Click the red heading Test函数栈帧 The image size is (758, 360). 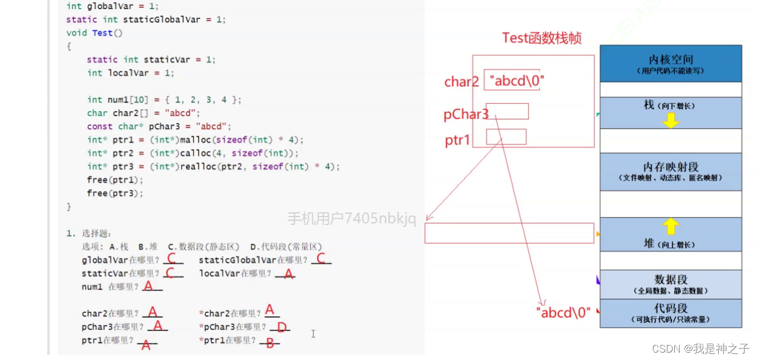541,38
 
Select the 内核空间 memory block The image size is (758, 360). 671,64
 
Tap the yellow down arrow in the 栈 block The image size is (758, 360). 670,120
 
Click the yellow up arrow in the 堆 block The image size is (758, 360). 670,226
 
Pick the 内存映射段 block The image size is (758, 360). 671,171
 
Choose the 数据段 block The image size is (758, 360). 671,284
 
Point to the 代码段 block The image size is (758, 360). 671,313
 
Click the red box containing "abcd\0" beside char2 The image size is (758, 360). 512,80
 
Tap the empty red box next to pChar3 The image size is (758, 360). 507,111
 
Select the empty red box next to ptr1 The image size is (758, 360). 506,137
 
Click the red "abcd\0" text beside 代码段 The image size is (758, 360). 564,313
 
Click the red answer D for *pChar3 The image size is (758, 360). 282,326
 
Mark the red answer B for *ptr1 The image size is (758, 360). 270,343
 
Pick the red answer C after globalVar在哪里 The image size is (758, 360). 172,258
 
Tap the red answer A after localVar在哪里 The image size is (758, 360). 288,273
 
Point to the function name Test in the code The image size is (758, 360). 102,33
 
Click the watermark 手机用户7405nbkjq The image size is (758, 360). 352,218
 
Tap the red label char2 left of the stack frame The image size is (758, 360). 462,81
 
